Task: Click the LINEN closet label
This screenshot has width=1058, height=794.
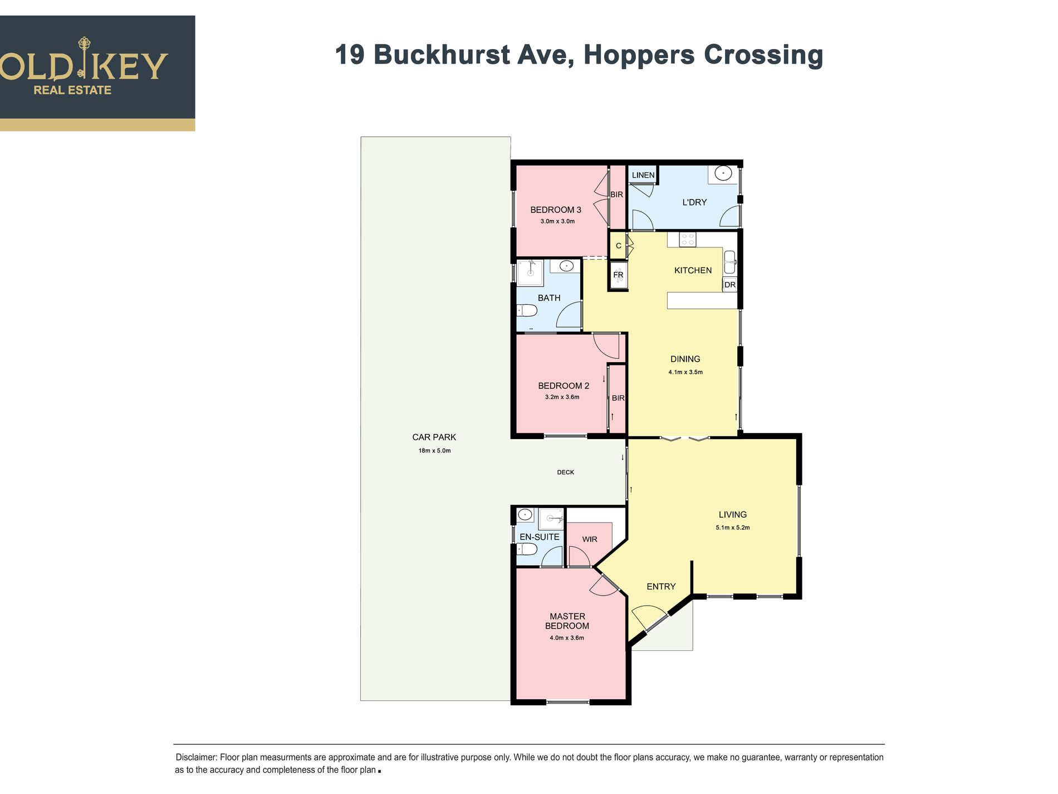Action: (643, 175)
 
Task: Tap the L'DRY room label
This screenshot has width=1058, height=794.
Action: (694, 202)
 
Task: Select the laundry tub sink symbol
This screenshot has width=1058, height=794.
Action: (723, 174)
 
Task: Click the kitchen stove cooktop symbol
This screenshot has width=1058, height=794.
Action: (688, 240)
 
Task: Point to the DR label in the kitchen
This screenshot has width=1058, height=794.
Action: (730, 285)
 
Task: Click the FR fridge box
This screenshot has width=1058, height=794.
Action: (618, 275)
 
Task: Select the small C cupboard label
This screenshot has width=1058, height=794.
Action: (618, 246)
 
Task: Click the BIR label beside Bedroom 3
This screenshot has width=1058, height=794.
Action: (616, 194)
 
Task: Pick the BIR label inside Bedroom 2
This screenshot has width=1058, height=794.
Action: (618, 398)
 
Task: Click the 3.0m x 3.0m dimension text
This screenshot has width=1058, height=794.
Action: (557, 221)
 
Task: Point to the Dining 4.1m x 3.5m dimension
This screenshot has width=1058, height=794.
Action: (685, 372)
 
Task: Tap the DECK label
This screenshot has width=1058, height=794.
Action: (565, 472)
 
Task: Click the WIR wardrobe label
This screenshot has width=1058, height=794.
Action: (590, 539)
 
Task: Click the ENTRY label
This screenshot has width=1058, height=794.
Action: (661, 587)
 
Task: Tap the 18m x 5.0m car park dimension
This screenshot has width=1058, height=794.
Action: (434, 451)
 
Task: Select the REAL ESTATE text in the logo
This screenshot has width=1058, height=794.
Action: (72, 90)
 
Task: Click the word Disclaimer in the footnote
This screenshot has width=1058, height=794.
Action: (196, 757)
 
